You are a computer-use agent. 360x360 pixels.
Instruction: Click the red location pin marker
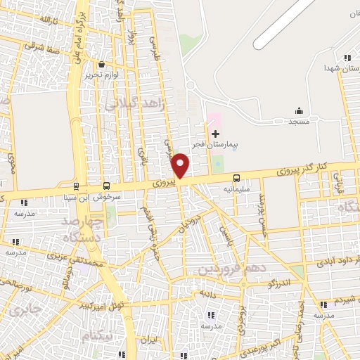[181, 164]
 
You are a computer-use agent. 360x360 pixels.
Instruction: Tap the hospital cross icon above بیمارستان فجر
[216, 134]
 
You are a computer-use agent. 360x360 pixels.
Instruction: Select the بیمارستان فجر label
[216, 144]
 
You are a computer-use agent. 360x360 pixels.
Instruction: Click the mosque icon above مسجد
[299, 110]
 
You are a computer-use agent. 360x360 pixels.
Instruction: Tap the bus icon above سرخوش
[106, 186]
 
